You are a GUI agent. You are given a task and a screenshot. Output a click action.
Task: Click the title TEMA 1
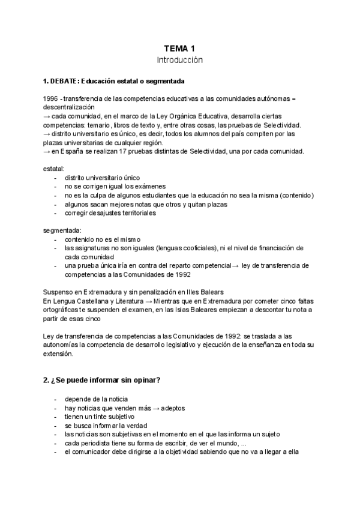[x=180, y=49]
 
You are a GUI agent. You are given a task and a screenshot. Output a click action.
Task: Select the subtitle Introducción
[x=180, y=60]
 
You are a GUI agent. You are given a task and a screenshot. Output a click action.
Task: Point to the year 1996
[x=51, y=98]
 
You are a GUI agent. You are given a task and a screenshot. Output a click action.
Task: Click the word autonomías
[x=66, y=345]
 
